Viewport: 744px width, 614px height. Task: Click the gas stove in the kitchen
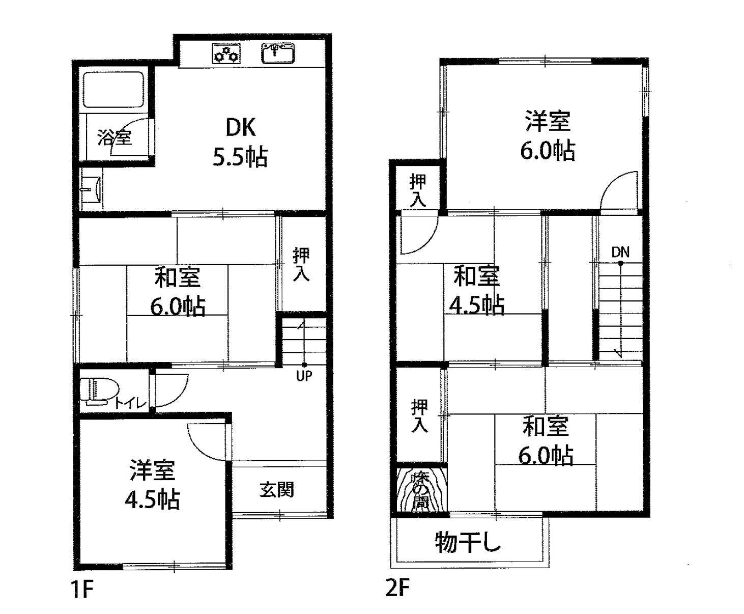pyautogui.click(x=226, y=53)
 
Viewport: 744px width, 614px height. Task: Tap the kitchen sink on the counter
pyautogui.click(x=278, y=53)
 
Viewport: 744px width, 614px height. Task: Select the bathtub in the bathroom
pyautogui.click(x=113, y=90)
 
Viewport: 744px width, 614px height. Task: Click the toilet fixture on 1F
pyautogui.click(x=96, y=392)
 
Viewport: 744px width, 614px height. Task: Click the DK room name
pyautogui.click(x=241, y=128)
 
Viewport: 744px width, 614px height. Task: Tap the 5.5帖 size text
pyautogui.click(x=240, y=157)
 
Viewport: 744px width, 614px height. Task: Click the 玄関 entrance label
pyautogui.click(x=276, y=490)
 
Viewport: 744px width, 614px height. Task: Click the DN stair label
pyautogui.click(x=620, y=253)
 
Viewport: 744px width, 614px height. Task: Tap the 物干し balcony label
pyautogui.click(x=468, y=542)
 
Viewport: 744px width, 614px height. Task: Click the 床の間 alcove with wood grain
pyautogui.click(x=421, y=490)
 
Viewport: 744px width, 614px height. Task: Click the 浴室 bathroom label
pyautogui.click(x=115, y=137)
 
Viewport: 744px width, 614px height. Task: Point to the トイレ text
pyautogui.click(x=130, y=403)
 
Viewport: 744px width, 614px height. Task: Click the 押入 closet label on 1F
pyautogui.click(x=301, y=264)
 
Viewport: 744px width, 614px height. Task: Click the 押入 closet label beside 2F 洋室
pyautogui.click(x=418, y=190)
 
